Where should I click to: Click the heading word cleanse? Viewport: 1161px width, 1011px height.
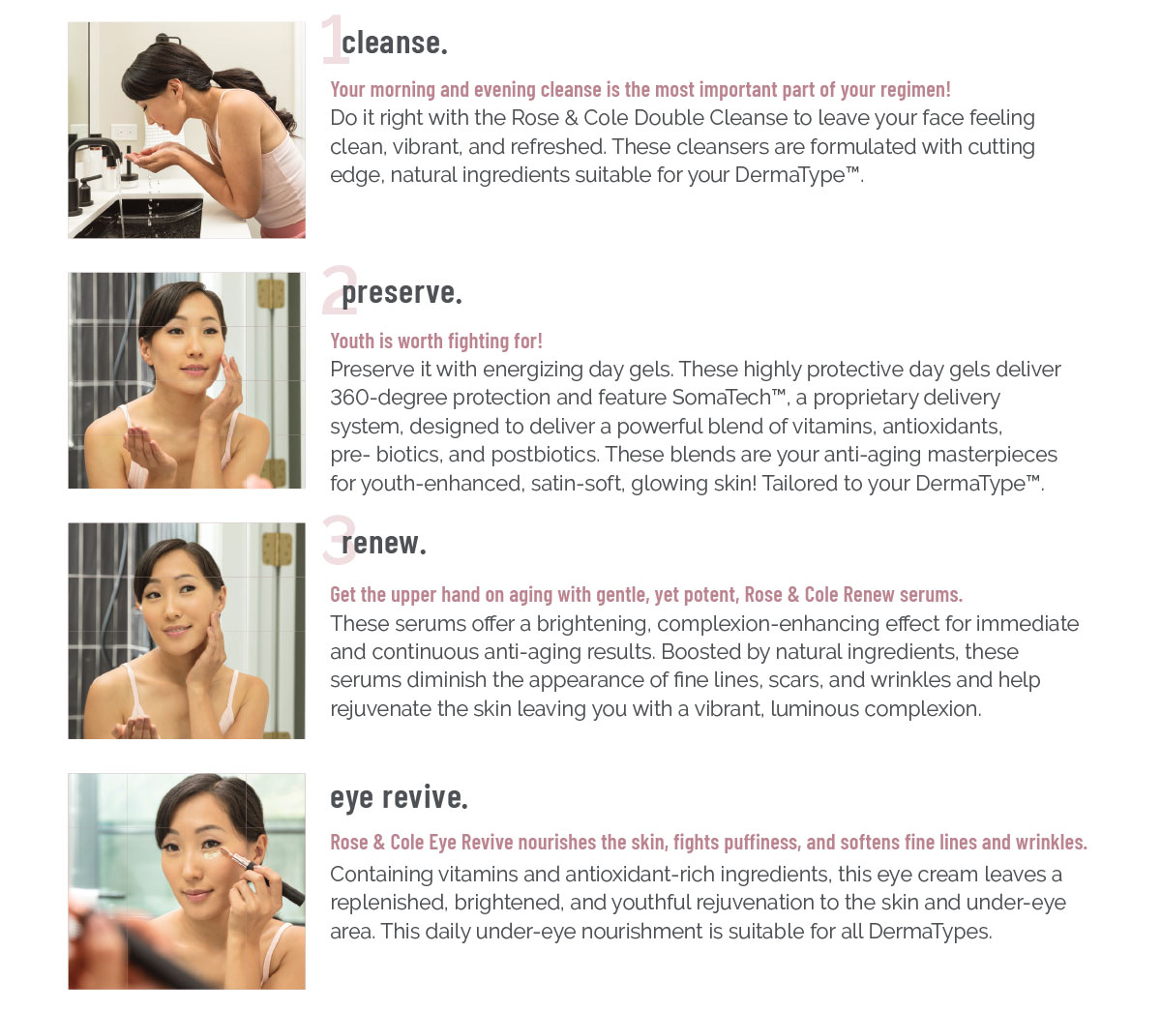(395, 44)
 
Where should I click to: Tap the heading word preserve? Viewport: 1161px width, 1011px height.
(402, 294)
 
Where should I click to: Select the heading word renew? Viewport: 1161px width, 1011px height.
(383, 544)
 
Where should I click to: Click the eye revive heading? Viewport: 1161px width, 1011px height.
(399, 798)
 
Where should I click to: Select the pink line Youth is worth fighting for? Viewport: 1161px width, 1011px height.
(436, 341)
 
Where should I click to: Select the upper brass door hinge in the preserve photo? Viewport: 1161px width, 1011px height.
(271, 293)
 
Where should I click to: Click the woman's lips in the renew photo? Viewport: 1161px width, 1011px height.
(176, 631)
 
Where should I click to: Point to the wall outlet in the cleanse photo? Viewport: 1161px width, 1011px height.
(124, 134)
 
